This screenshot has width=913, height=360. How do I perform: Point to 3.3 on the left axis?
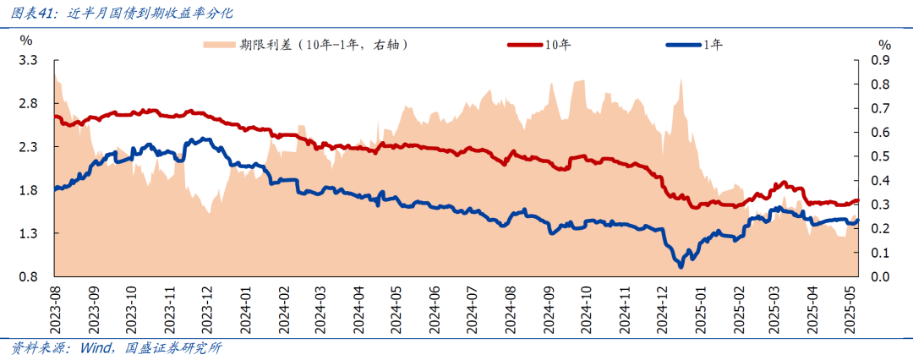click(x=29, y=61)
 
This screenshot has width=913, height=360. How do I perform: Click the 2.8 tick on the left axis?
click(x=29, y=104)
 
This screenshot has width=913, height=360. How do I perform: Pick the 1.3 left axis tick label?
click(x=29, y=233)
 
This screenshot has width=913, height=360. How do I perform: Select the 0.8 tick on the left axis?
click(x=29, y=276)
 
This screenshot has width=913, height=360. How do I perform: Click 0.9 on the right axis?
click(x=881, y=61)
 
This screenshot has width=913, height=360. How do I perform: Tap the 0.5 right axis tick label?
click(x=881, y=156)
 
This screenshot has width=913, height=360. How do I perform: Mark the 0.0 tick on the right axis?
click(x=881, y=277)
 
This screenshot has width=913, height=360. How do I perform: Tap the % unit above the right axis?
click(x=884, y=43)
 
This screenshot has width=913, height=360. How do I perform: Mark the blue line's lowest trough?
click(x=681, y=266)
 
